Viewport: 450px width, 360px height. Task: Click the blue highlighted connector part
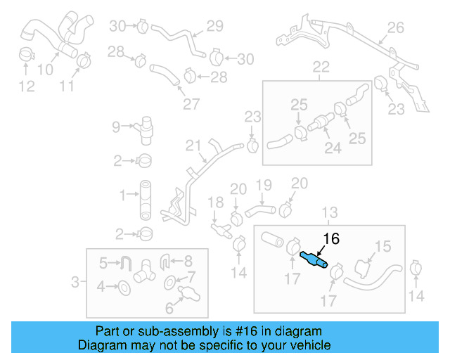point(313,259)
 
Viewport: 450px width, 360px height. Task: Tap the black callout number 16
point(330,239)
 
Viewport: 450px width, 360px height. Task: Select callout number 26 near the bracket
point(396,28)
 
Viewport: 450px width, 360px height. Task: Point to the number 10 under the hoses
point(45,70)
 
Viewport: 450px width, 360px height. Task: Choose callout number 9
point(117,127)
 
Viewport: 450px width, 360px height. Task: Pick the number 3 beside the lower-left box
point(75,283)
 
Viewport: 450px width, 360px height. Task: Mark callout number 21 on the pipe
point(193,146)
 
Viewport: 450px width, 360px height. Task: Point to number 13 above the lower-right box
point(330,212)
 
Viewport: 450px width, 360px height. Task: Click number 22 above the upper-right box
point(321,67)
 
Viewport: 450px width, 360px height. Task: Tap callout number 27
point(191,105)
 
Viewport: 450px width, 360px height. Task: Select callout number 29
point(214,26)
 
